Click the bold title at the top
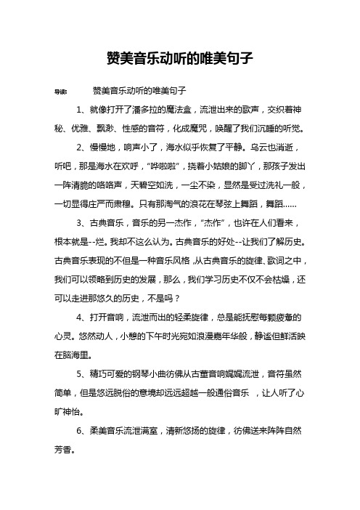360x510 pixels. (179, 56)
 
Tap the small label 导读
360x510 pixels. (62, 92)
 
